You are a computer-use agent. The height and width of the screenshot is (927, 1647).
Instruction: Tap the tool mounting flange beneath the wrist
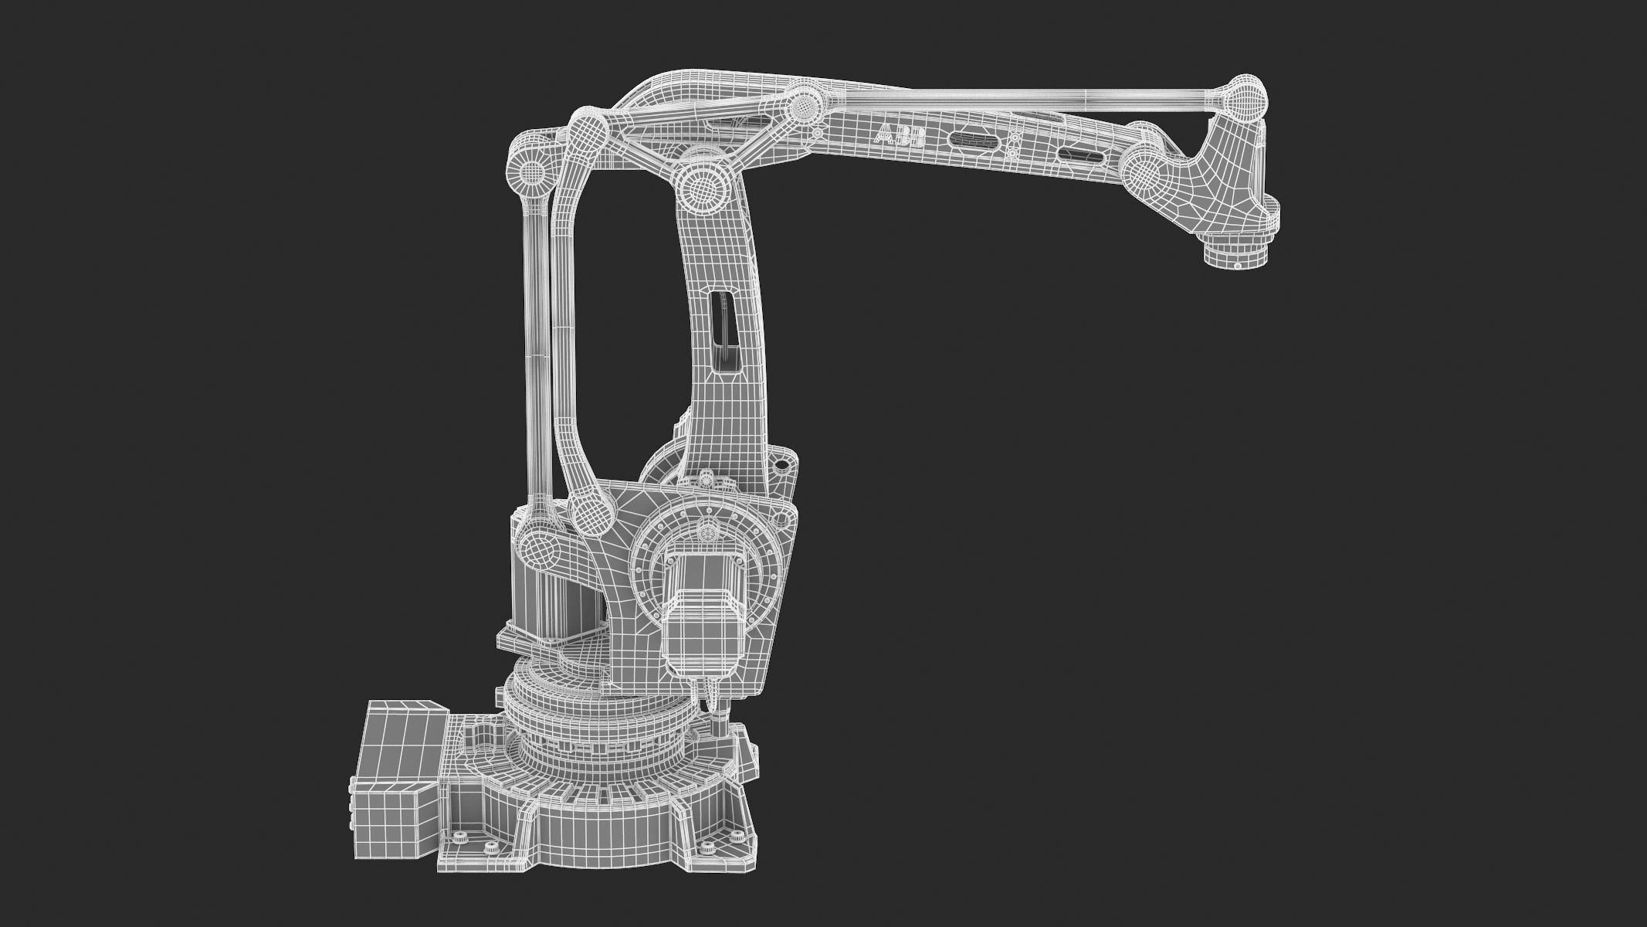pos(1238,254)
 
